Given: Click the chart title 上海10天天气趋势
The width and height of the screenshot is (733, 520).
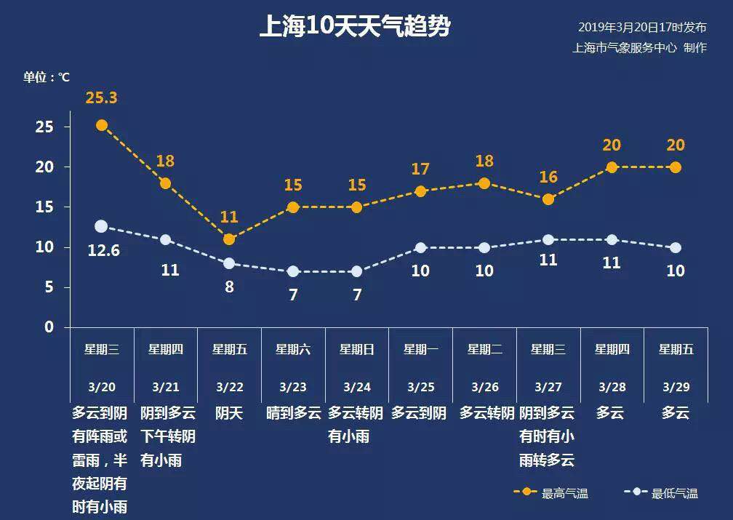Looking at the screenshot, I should (x=355, y=27).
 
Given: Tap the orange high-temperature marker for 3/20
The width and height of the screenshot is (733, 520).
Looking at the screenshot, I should (x=102, y=125).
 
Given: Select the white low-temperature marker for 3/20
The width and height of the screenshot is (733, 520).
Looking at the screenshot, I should (x=101, y=226).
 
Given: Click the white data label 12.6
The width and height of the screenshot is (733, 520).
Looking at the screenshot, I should (x=103, y=252).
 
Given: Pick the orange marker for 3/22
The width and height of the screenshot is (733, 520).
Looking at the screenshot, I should (x=229, y=239).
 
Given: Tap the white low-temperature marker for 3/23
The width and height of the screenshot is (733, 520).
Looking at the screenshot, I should (x=293, y=271).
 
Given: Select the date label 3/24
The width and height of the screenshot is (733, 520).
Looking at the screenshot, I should (x=357, y=387).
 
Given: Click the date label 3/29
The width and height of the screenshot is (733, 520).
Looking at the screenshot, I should (x=676, y=387).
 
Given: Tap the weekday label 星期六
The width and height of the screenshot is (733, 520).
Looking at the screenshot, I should (x=293, y=349).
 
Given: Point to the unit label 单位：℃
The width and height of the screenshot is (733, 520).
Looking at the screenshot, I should (x=47, y=77).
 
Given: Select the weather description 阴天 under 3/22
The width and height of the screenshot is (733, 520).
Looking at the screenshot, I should (x=229, y=414).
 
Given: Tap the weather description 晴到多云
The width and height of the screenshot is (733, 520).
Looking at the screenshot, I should (x=293, y=414).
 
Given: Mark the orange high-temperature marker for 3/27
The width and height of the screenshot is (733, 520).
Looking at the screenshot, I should (x=548, y=199).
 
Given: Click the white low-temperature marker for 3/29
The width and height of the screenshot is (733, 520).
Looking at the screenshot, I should (x=676, y=247).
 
